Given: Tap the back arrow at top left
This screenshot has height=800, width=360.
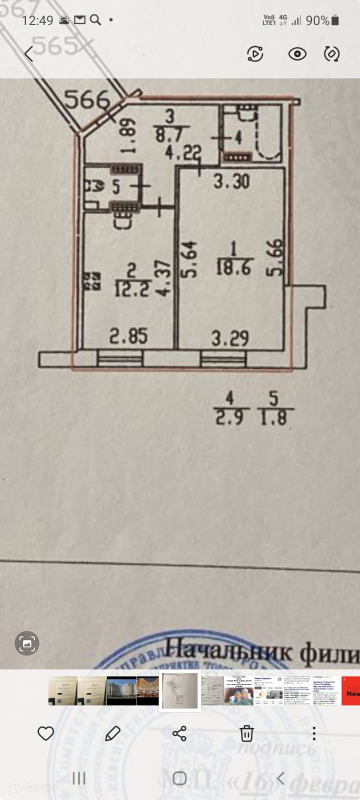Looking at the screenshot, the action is [29, 53].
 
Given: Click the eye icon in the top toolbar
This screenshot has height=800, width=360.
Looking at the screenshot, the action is [297, 53].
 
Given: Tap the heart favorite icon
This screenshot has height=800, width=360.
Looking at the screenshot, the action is [46, 733].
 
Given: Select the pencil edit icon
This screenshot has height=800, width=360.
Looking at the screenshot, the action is [112, 733].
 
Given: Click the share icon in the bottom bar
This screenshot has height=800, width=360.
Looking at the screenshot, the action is [179, 733].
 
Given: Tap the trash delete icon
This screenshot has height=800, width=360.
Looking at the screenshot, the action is [246, 733].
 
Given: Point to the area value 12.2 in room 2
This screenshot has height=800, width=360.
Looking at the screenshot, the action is [131, 289].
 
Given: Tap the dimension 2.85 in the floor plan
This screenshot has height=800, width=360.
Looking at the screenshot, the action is [128, 336].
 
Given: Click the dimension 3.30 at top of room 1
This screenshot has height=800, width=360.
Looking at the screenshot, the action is [231, 181].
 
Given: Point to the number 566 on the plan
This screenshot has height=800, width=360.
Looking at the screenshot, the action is [88, 100].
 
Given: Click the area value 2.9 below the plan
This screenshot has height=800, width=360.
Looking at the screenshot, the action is [229, 417].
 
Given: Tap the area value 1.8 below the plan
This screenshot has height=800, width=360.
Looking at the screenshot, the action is [273, 417].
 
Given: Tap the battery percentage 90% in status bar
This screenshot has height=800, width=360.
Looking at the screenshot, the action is [317, 20].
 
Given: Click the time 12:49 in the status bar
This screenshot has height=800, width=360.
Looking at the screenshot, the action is [37, 20].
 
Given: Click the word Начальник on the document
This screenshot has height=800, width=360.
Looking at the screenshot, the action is [229, 652].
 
